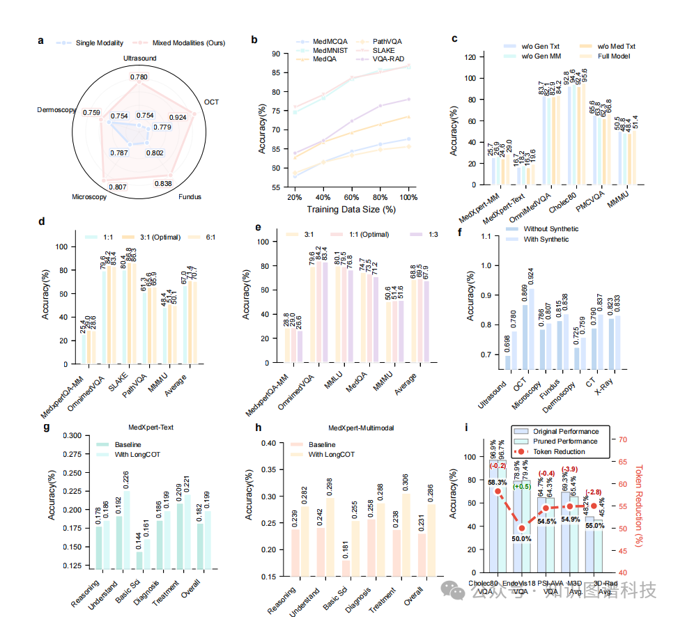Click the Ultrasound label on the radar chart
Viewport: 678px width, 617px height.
(x=139, y=58)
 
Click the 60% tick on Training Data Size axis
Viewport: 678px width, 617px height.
(x=351, y=198)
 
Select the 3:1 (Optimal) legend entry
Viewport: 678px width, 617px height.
(x=149, y=237)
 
